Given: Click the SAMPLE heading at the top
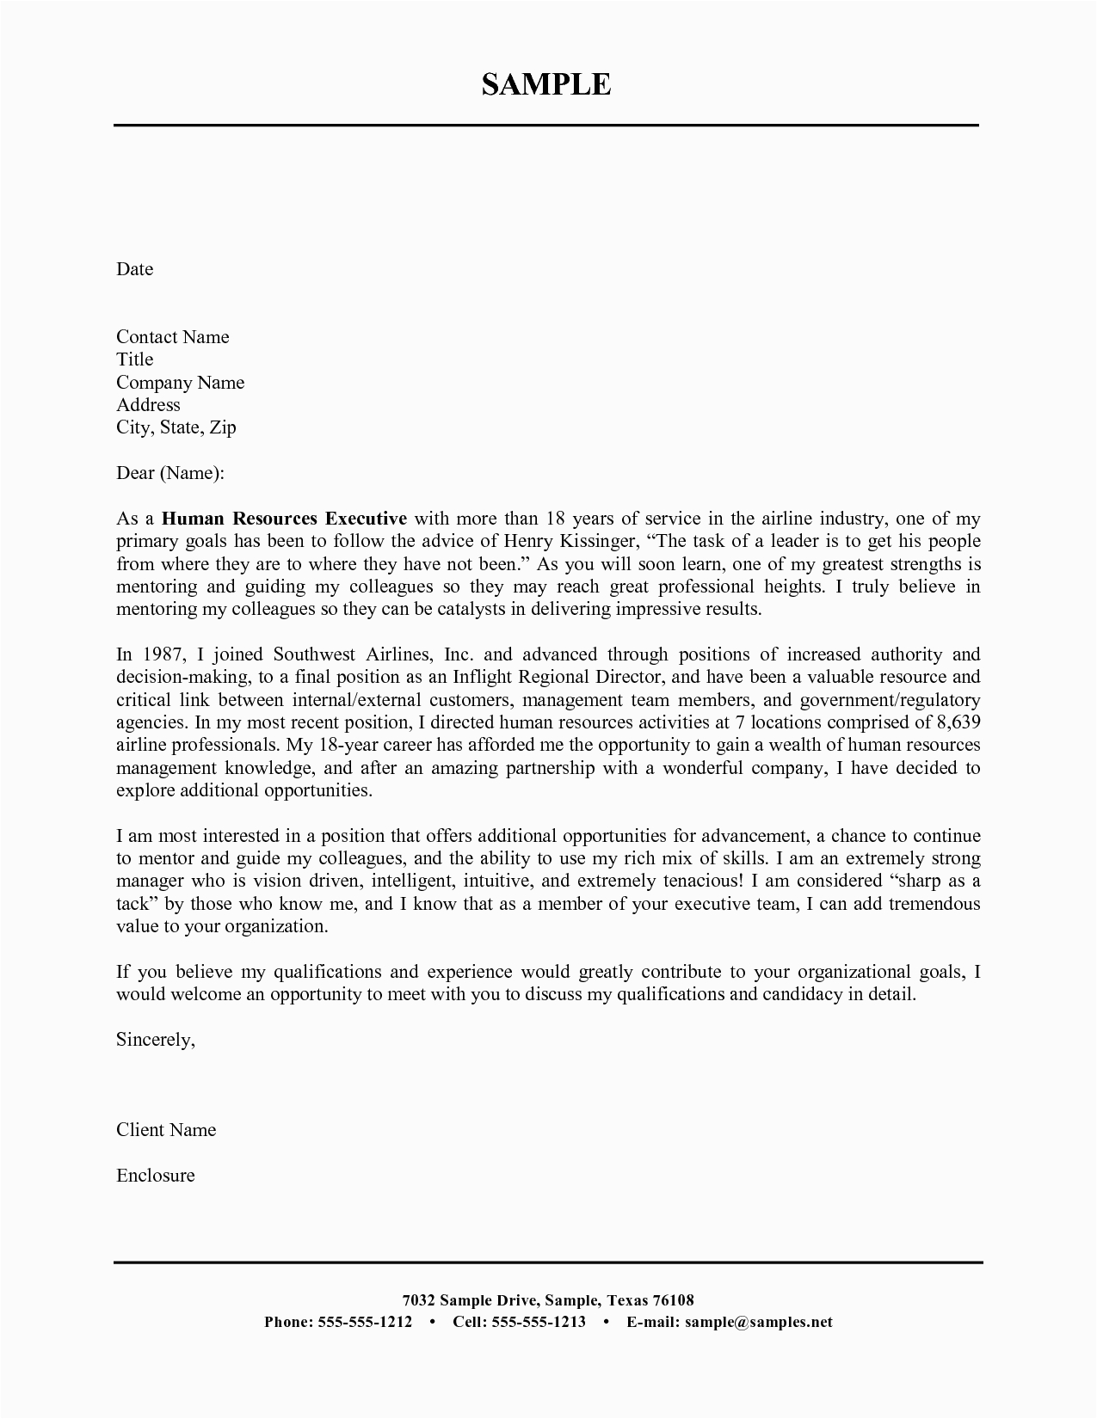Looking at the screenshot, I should tap(546, 84).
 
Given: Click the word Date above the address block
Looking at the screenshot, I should tap(134, 269).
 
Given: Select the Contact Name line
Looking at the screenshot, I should tap(173, 337).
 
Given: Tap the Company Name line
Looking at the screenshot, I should tap(181, 383).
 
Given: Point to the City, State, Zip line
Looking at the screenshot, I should tap(176, 427).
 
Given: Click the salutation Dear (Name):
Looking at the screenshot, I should tap(170, 473).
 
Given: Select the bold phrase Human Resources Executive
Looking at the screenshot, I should tap(284, 519).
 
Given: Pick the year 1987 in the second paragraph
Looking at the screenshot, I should tap(164, 654).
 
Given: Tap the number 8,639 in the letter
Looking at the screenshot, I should tap(958, 722).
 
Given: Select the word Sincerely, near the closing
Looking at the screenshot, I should tap(156, 1040).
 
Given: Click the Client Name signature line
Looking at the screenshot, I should tap(166, 1130).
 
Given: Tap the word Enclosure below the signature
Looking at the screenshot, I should tap(156, 1176).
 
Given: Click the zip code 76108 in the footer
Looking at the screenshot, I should tap(673, 1299).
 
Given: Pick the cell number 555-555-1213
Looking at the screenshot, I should tap(539, 1322).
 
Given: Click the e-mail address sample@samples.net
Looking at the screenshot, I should tap(758, 1322).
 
